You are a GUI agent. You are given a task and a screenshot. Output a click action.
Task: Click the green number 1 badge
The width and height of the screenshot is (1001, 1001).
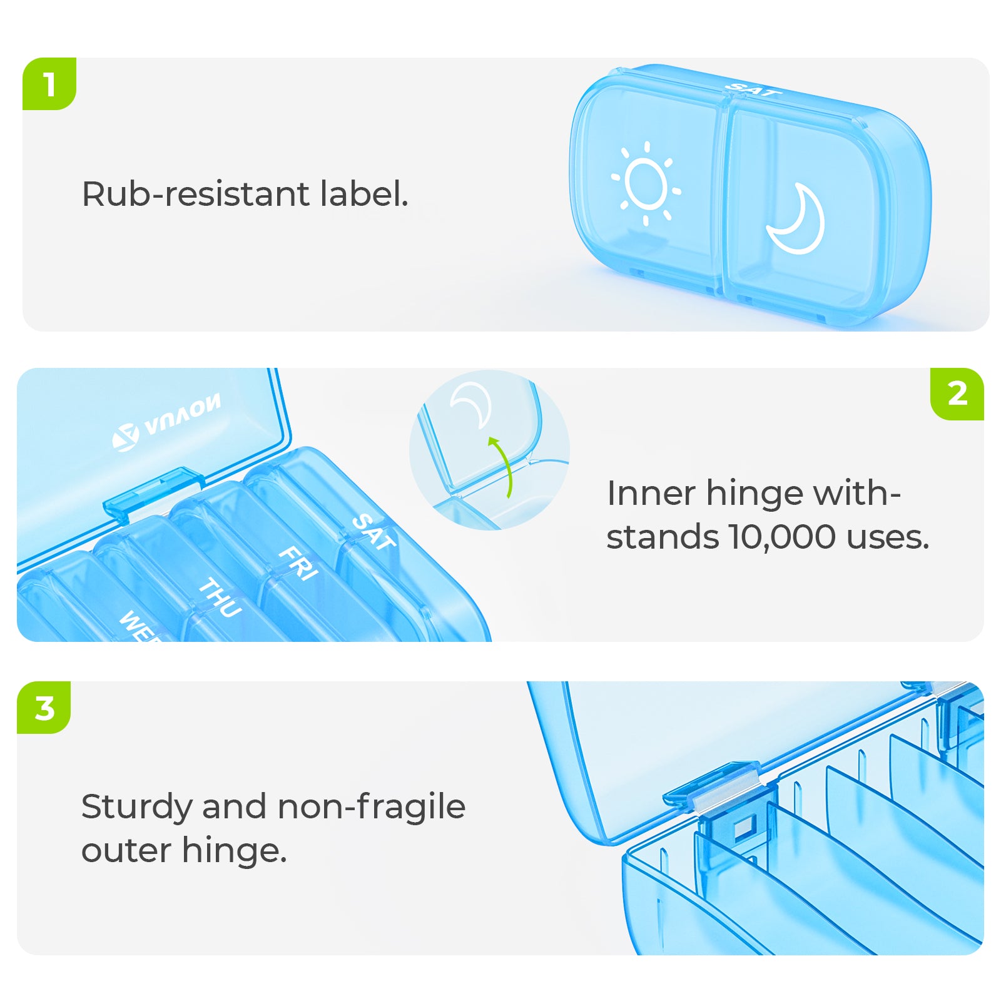(49, 84)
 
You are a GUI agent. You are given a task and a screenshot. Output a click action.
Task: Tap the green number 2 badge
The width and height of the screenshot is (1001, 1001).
(957, 394)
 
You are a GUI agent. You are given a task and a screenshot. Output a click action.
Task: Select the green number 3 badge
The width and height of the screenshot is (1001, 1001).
(44, 708)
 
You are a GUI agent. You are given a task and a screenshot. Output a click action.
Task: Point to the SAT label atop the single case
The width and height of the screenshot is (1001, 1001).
(753, 89)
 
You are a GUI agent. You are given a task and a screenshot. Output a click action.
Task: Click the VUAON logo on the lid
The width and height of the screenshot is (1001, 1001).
(166, 422)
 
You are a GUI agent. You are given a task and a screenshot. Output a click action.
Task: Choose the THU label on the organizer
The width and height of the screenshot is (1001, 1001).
(220, 597)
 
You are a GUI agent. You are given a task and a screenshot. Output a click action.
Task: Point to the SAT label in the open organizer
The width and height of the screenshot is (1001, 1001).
(374, 532)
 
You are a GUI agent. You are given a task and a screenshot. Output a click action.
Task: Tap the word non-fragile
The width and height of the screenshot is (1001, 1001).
(372, 806)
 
